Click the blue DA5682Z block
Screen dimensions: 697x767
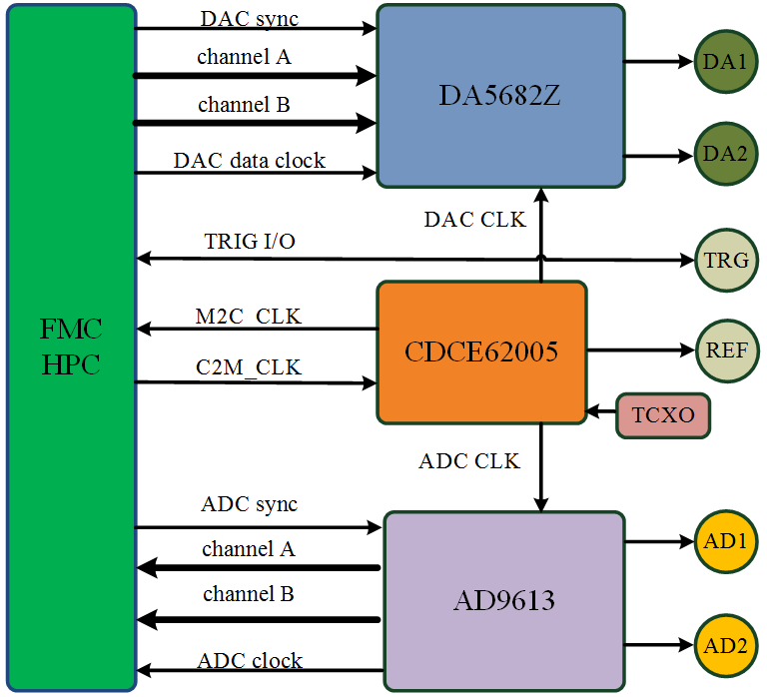(500, 95)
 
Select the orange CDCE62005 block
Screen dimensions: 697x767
(481, 351)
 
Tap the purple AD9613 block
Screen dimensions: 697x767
(504, 600)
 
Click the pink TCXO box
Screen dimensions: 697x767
(663, 414)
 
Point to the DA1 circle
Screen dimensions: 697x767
(725, 62)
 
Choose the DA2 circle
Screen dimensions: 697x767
(725, 155)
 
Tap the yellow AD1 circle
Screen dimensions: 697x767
(725, 541)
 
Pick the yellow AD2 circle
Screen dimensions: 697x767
(725, 645)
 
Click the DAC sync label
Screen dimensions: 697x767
(249, 18)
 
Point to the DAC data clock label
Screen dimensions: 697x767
(249, 160)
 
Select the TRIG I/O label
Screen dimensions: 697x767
(250, 242)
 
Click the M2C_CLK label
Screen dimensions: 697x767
(248, 317)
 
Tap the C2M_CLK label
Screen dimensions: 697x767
(248, 368)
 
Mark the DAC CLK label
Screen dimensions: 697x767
(475, 220)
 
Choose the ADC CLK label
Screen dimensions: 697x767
(469, 461)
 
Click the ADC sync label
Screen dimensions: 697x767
(249, 504)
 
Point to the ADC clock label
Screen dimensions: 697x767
(250, 660)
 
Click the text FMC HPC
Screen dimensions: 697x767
(71, 347)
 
